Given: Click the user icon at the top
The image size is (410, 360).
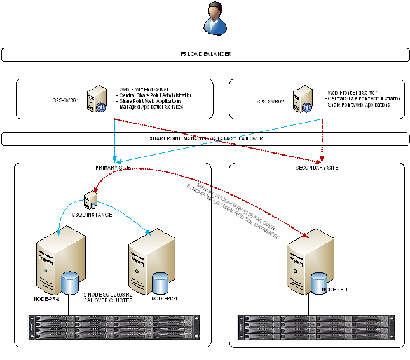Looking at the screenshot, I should tap(214, 18).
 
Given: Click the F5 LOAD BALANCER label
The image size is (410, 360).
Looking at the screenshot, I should tap(205, 55).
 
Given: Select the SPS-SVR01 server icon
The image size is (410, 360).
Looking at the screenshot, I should tap(97, 99).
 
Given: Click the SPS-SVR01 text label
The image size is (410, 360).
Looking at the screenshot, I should tap(65, 100).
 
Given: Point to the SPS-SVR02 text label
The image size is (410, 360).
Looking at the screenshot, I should tap(270, 101).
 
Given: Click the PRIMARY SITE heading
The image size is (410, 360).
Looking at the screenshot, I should tap(112, 168).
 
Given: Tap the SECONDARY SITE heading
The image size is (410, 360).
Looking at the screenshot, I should tap(317, 168).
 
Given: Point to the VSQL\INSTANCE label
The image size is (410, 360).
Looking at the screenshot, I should tap(92, 215).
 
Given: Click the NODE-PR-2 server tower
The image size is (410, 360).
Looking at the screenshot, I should tap(56, 261).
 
